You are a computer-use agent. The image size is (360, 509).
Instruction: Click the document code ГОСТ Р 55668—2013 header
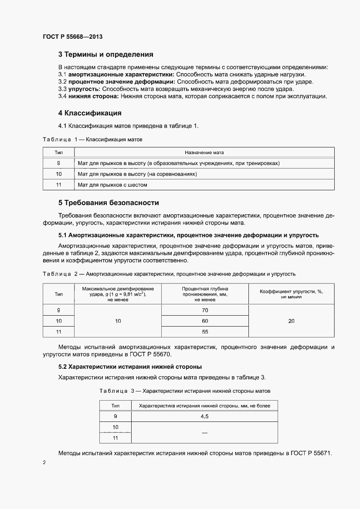[73, 37]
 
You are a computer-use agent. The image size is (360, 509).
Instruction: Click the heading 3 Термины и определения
[105, 55]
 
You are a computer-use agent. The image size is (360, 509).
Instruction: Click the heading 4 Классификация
[90, 113]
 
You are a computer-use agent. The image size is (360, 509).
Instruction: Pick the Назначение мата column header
[204, 153]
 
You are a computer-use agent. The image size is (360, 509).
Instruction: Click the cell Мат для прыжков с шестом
[112, 185]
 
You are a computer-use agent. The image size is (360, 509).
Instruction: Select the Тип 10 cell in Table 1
[59, 174]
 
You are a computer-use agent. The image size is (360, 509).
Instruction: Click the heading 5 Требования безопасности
[109, 203]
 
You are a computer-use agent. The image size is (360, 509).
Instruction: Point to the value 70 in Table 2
[205, 310]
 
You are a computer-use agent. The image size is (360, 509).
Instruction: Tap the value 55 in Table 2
[205, 332]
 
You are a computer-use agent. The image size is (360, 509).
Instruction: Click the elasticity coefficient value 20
[291, 321]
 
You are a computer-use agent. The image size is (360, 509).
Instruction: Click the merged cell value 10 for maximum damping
[118, 321]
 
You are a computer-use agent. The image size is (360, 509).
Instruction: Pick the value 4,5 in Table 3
[204, 416]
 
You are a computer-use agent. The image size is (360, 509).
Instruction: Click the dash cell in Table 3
[204, 432]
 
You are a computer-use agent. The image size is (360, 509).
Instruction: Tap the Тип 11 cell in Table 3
[115, 438]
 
